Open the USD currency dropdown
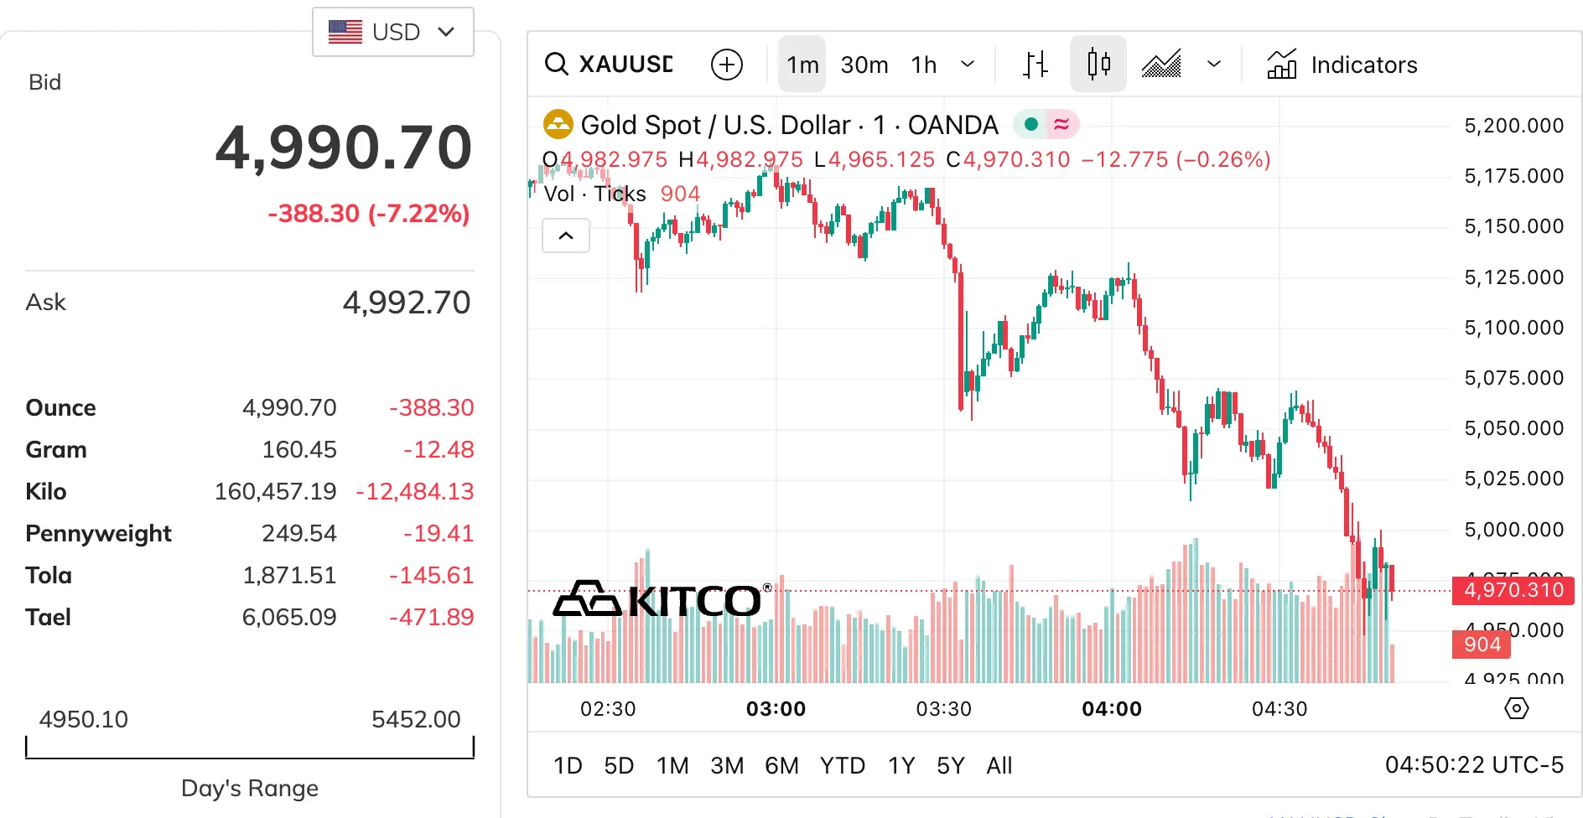click(392, 32)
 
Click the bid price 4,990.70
click(344, 148)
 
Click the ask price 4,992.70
click(407, 303)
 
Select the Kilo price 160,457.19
click(275, 491)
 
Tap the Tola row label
click(49, 575)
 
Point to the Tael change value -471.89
click(431, 617)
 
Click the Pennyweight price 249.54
click(298, 533)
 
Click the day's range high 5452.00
click(416, 719)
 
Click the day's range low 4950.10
click(84, 719)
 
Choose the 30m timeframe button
click(864, 65)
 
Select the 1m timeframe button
click(802, 65)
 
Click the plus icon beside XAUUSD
click(727, 65)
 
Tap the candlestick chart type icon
click(1098, 65)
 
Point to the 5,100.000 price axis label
click(1513, 328)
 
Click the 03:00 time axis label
click(776, 709)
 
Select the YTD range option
click(842, 765)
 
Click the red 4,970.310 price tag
click(1513, 590)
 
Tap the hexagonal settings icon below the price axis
click(1516, 708)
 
